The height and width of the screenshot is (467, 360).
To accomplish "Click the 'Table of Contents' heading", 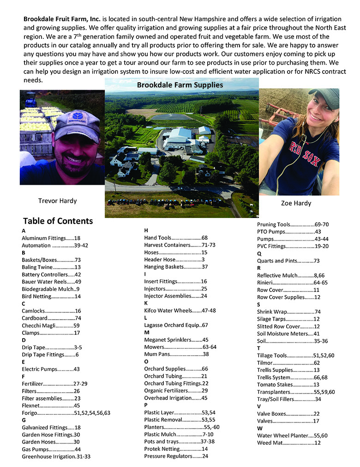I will pyautogui.click(x=58, y=221).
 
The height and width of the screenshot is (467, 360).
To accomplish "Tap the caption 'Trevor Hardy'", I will pyautogui.click(x=57, y=200).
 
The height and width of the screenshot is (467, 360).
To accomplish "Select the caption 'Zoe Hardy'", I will pyautogui.click(x=296, y=203).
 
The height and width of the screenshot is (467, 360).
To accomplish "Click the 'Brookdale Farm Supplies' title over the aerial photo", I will pyautogui.click(x=180, y=85).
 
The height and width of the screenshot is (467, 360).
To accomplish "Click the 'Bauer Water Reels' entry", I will pyautogui.click(x=51, y=281).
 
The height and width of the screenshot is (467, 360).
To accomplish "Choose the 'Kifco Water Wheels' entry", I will pyautogui.click(x=180, y=310).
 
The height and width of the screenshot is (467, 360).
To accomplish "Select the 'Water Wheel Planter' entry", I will pyautogui.click(x=292, y=435).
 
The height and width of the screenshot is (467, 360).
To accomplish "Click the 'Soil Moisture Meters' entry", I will pyautogui.click(x=288, y=333).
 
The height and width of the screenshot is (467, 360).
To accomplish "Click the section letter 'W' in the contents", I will pyautogui.click(x=259, y=428).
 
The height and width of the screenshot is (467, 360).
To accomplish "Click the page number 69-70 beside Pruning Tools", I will pyautogui.click(x=322, y=224).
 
